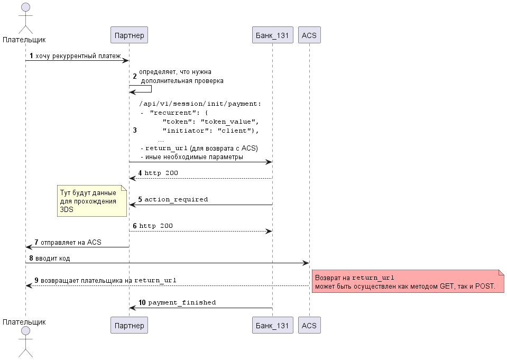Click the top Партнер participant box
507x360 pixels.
pos(129,35)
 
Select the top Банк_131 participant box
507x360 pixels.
pos(273,35)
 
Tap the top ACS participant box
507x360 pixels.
pos(309,35)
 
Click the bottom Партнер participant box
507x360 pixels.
pos(129,325)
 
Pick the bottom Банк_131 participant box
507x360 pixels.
pos(273,325)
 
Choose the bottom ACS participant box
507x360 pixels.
pos(309,325)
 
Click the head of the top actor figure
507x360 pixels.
pos(25,7)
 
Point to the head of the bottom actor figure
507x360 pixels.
pos(25,331)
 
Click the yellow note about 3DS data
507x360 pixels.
pos(92,201)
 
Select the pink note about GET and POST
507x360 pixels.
pos(408,281)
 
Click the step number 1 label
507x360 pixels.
pos(31,56)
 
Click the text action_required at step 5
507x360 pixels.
pos(176,199)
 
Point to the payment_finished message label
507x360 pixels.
pos(182,302)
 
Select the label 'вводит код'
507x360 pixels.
pos(52,258)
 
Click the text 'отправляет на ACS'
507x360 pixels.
pos(71,242)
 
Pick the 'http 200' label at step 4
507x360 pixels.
pos(161,173)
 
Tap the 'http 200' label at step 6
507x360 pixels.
pos(156,226)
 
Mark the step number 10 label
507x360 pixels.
pos(142,302)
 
